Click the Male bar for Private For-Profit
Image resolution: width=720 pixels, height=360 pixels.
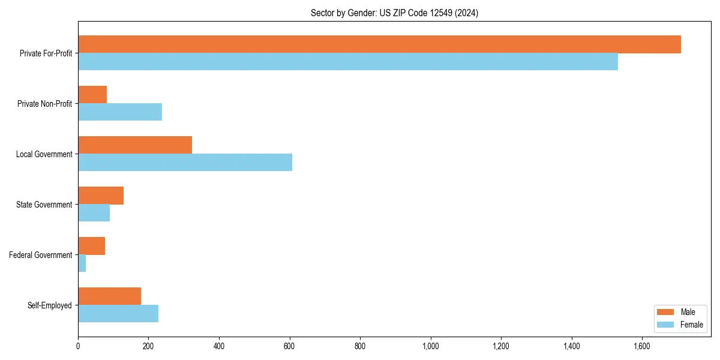(x=379, y=44)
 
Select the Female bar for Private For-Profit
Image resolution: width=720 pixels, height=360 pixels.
(x=348, y=62)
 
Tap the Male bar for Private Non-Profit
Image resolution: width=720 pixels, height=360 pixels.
(x=92, y=95)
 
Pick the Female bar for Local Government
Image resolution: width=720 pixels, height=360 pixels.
(x=185, y=163)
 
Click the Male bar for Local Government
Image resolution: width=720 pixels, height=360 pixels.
(x=135, y=145)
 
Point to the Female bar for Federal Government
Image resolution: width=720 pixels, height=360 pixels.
(x=82, y=263)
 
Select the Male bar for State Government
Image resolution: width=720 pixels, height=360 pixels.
(x=101, y=196)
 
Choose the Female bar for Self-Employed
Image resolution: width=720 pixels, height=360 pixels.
(x=118, y=314)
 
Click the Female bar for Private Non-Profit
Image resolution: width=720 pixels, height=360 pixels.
(x=120, y=112)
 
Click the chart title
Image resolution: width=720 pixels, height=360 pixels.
(x=394, y=13)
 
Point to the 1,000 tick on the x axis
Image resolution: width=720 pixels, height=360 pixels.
(x=431, y=346)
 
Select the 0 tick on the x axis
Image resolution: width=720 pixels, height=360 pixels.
(x=78, y=346)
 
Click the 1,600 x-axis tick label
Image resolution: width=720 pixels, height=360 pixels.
(x=642, y=346)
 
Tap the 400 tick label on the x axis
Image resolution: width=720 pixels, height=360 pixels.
(x=219, y=346)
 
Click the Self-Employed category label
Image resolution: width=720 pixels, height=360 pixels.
(x=50, y=305)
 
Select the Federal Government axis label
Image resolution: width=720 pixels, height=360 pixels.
(x=41, y=255)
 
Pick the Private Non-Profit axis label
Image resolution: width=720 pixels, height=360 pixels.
(x=44, y=104)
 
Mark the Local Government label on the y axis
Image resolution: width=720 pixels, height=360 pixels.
(x=44, y=154)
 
